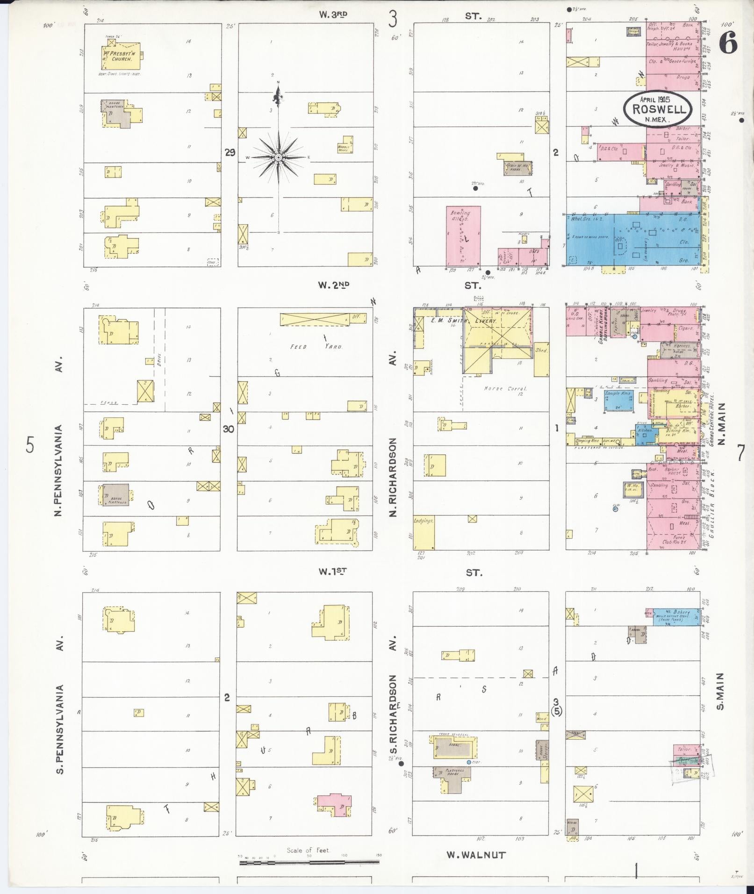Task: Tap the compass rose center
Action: click(x=278, y=157)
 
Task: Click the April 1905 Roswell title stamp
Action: click(x=659, y=108)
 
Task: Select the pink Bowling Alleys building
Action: click(x=463, y=236)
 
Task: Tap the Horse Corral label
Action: click(x=505, y=388)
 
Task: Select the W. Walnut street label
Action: click(x=476, y=855)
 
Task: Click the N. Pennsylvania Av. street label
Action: click(x=59, y=438)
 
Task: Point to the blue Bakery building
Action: click(x=676, y=616)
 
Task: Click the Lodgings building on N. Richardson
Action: click(x=424, y=533)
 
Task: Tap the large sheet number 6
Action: click(x=728, y=44)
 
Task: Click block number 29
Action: click(x=229, y=152)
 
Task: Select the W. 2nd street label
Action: click(x=333, y=285)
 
